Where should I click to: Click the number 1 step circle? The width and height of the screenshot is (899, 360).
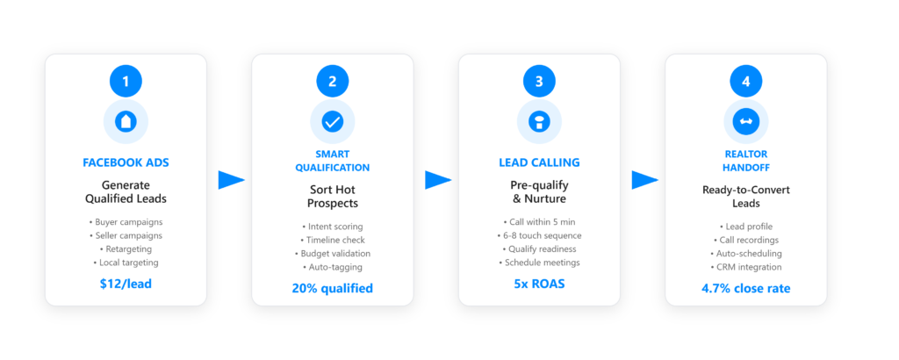point(126,82)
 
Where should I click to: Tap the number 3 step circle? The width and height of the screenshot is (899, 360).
point(539,82)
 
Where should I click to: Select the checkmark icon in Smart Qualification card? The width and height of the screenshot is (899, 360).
point(332,122)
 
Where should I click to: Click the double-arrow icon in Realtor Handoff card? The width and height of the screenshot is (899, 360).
point(745,122)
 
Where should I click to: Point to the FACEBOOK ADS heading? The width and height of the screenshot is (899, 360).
point(126,162)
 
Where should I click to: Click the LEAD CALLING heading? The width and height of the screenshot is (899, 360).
point(539,162)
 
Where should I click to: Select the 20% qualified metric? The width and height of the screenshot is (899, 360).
point(332,288)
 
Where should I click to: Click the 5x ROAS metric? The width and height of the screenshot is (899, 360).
point(539,284)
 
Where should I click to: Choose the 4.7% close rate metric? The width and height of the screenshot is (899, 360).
point(745,288)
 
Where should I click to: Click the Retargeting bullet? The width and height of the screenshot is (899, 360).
point(126,248)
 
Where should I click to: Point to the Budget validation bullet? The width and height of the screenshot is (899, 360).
point(332,253)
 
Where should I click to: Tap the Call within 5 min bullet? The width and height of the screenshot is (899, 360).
point(539,222)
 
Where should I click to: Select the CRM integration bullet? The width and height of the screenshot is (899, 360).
point(745,267)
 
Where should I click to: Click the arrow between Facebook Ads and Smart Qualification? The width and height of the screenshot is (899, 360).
point(231,180)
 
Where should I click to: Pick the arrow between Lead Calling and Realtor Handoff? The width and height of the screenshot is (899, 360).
point(644,180)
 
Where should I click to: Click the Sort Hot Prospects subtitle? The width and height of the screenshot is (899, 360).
point(332,197)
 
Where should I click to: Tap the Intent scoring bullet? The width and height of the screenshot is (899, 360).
point(332,227)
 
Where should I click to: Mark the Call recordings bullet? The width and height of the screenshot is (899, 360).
point(745,240)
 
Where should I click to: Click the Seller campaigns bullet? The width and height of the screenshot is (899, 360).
point(126,235)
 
